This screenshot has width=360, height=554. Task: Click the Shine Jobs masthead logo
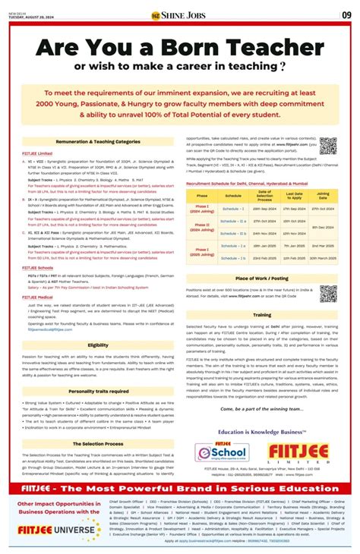[180, 14]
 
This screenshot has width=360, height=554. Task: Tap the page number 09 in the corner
[346, 14]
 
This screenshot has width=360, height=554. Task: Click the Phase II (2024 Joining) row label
[202, 227]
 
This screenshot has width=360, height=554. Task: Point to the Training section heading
[261, 314]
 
